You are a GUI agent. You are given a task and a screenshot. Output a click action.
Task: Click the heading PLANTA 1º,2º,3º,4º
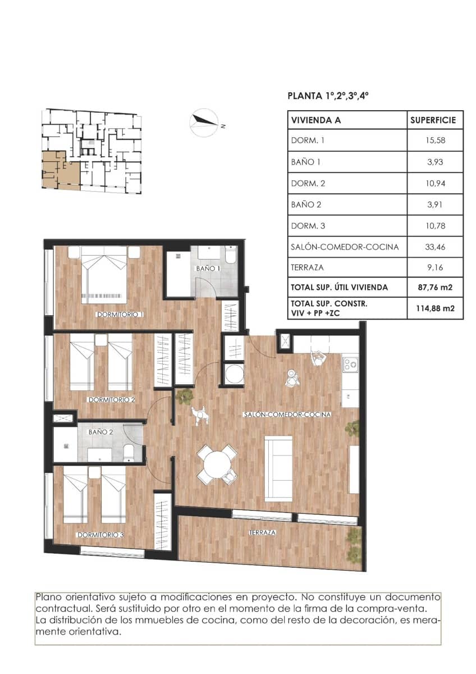[x=328, y=96]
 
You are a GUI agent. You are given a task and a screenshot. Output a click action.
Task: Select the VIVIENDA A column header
[x=316, y=120]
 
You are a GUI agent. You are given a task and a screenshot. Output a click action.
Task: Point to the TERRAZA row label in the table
[x=307, y=268]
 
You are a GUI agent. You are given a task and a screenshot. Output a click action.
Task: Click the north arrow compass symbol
[x=204, y=122]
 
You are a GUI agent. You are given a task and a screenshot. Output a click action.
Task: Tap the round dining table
[x=217, y=464]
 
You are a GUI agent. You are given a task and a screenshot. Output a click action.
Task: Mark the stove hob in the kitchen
[x=350, y=365]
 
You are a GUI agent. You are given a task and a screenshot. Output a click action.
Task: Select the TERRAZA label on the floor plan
[x=262, y=532]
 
